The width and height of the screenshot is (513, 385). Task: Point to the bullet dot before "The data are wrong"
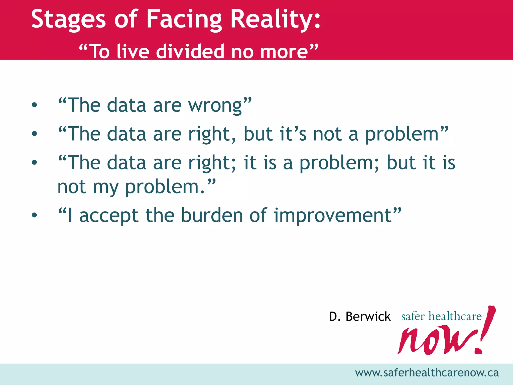pos(34,105)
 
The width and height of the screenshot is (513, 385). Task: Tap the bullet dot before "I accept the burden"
pos(34,215)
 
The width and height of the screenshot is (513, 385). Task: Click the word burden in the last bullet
pos(212,215)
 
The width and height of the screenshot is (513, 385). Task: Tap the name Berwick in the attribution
pos(368,317)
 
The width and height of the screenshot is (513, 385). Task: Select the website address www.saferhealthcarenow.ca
pos(427,373)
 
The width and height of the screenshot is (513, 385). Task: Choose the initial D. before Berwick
pos(335,317)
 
